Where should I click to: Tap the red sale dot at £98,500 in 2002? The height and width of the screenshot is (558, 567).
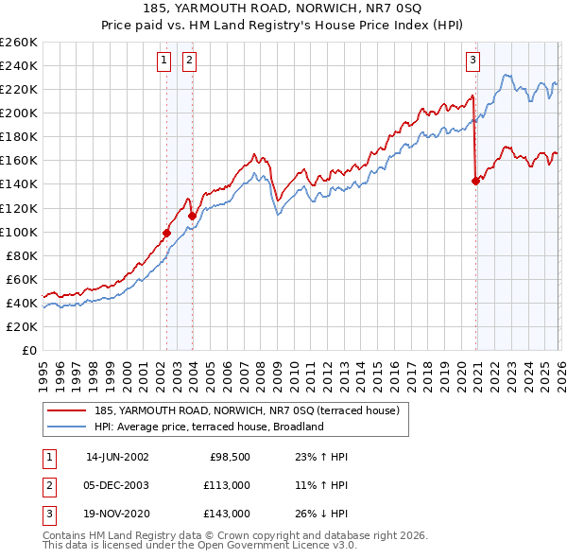coord(166,233)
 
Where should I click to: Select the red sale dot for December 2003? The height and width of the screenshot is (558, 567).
coord(192,216)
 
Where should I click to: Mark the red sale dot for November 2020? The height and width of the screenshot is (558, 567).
coord(474,182)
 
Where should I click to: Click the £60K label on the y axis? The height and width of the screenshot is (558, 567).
coord(21,279)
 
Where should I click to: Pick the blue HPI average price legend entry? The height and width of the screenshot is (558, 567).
coord(209,427)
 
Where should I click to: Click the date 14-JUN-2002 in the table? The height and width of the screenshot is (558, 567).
coord(117,457)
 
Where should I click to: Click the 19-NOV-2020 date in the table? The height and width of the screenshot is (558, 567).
coord(117,514)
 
